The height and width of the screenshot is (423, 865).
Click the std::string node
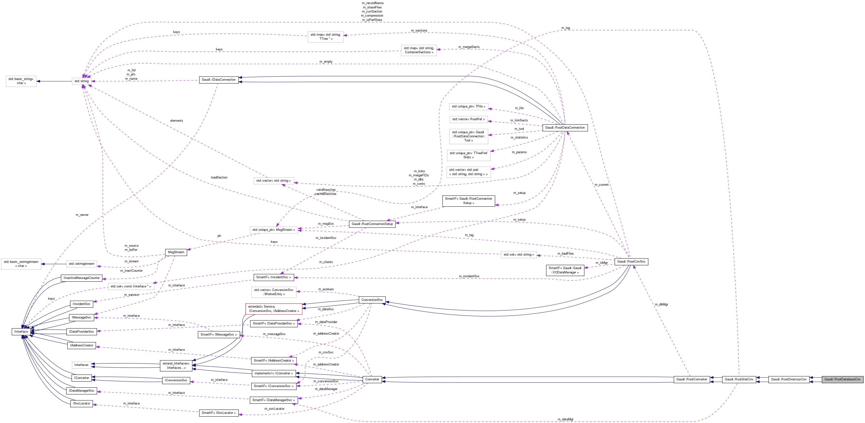(82, 81)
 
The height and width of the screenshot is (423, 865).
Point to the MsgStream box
(176, 252)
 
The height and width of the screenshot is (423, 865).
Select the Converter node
(372, 379)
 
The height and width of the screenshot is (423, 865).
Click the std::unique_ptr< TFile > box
(468, 107)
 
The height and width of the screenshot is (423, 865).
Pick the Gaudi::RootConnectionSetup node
(372, 224)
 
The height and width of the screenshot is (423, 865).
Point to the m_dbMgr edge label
(661, 304)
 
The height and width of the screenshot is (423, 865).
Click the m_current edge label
(601, 185)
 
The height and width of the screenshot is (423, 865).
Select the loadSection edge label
(219, 178)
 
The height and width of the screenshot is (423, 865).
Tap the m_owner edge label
(82, 215)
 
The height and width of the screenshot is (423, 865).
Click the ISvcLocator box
(82, 403)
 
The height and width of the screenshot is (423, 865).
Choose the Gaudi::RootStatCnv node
(739, 379)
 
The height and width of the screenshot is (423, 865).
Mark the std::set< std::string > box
(518, 255)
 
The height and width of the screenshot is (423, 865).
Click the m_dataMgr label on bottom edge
(565, 419)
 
